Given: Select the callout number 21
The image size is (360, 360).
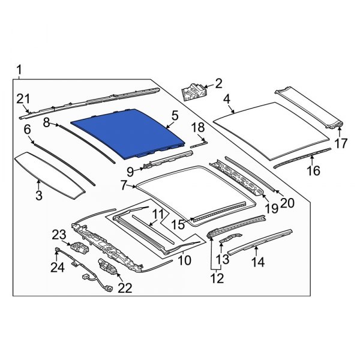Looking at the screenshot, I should coord(23,99).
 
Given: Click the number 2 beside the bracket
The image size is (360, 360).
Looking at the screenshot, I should coord(218,83).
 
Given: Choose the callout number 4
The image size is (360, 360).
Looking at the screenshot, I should coord(227,99).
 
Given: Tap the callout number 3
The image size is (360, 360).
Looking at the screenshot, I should coord(38,196).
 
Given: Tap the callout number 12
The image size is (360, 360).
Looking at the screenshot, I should coord(217,278).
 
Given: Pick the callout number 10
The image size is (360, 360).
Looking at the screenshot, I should coord(185,260).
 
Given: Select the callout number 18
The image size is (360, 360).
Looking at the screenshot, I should coord(198,127).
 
